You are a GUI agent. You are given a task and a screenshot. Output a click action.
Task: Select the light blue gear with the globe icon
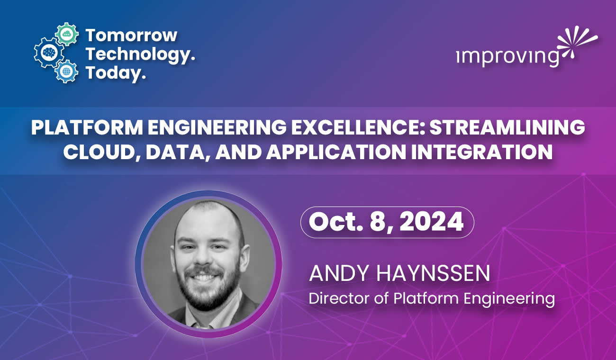coord(65,72)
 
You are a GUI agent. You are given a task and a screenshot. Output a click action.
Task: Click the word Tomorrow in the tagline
coord(131,35)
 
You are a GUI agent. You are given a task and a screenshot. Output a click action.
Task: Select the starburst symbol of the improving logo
coord(576,43)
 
